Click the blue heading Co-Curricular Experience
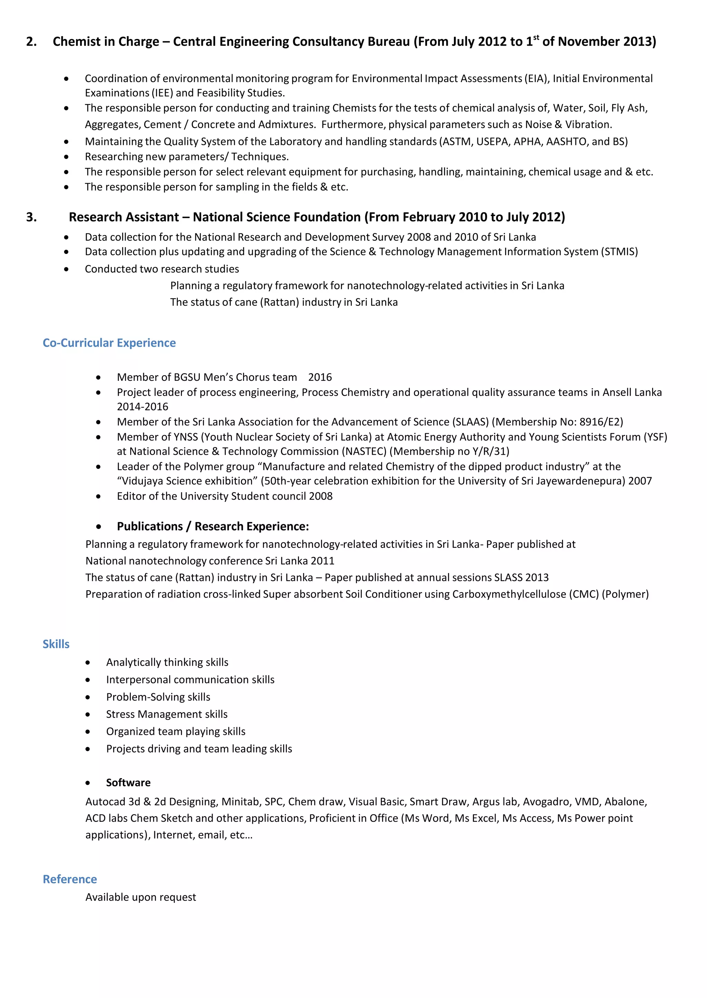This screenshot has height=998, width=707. [109, 343]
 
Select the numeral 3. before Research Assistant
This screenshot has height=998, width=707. [31, 217]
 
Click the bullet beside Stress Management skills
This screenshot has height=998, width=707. [88, 714]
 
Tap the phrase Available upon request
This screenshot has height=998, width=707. [141, 897]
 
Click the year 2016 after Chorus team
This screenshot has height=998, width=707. [320, 377]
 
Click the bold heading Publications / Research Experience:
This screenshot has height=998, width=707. [213, 526]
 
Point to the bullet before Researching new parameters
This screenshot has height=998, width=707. [66, 157]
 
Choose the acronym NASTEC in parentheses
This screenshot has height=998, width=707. [365, 451]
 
